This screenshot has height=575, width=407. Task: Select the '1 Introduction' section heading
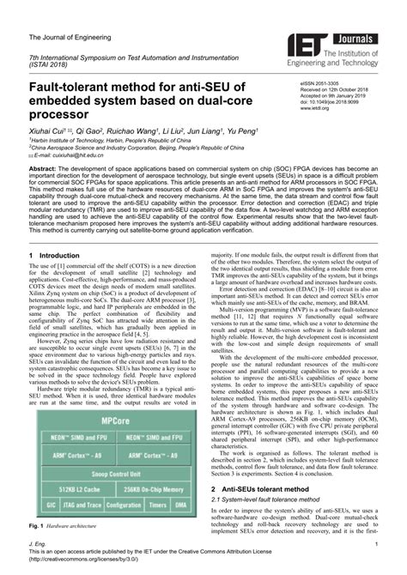pos(59,255)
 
